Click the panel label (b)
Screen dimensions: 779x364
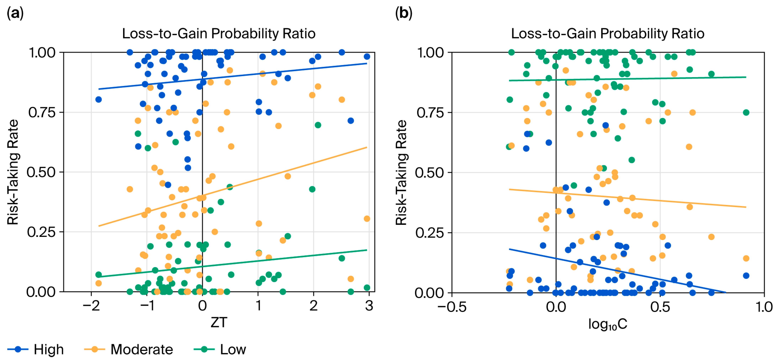pos(404,13)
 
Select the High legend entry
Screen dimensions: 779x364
pos(36,349)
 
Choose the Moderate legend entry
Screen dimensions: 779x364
pos(128,349)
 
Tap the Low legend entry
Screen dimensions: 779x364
pos(220,349)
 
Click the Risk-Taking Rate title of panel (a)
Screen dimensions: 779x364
pos(13,172)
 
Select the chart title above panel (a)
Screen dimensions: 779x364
pos(219,34)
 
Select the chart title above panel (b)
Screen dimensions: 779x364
pos(608,34)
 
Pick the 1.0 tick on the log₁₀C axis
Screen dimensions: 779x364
pos(764,307)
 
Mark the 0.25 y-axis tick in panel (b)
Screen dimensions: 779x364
pos(430,233)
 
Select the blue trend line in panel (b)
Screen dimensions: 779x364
pos(618,271)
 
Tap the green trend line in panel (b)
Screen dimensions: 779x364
pos(628,79)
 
